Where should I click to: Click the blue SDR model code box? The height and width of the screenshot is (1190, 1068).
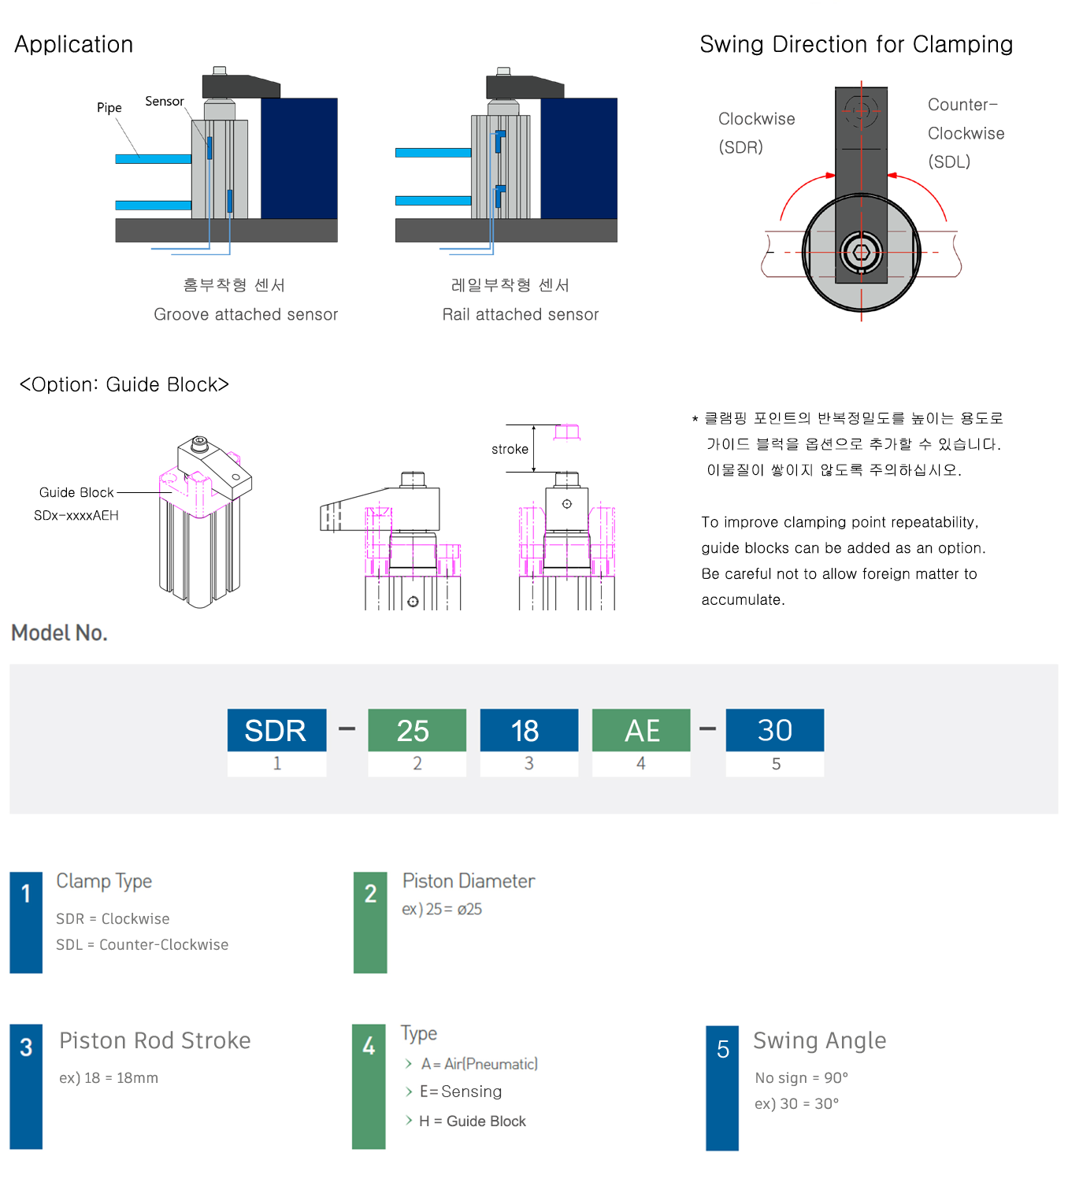(276, 730)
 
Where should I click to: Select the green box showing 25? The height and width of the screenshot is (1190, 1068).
(417, 730)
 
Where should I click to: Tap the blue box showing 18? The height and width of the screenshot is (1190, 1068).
(528, 730)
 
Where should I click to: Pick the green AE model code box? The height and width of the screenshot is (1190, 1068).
(641, 730)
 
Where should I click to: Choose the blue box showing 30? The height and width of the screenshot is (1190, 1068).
(775, 730)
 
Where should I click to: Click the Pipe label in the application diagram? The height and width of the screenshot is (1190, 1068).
(109, 108)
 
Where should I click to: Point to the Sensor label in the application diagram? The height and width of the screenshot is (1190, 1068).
(164, 102)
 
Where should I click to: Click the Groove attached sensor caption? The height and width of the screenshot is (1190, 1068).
(246, 314)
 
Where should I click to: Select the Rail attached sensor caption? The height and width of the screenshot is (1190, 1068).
(521, 314)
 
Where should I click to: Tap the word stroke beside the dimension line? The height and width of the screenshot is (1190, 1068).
(510, 449)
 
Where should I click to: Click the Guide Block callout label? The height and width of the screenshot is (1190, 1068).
(76, 492)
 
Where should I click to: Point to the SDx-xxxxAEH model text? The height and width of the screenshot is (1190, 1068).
(76, 515)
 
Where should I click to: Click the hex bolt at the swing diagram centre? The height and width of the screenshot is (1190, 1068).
(861, 253)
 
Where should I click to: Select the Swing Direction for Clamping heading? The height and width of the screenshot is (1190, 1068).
(856, 44)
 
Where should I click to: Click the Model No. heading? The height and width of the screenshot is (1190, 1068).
(59, 632)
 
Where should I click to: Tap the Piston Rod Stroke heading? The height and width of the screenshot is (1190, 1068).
(155, 1040)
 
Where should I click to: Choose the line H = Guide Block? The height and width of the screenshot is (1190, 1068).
(473, 1121)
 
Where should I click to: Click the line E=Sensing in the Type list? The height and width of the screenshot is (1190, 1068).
(461, 1092)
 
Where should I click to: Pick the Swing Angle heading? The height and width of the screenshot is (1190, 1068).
(820, 1040)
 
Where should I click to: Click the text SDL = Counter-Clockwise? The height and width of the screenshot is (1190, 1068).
(142, 944)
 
